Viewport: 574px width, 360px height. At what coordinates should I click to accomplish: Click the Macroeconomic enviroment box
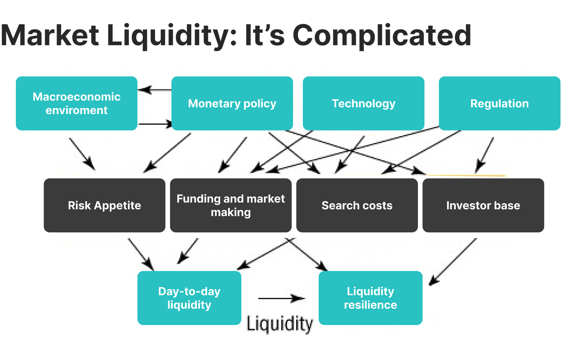[x=77, y=103]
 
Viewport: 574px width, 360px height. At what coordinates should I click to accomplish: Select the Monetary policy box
[x=232, y=103]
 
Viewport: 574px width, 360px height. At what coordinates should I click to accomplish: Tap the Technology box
[x=364, y=103]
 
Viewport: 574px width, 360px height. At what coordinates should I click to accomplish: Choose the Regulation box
[x=500, y=103]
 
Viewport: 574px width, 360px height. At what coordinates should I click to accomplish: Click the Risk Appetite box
[x=104, y=205]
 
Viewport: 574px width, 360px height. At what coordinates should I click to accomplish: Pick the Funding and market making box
[x=231, y=205]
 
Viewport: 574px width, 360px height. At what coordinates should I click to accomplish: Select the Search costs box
[x=357, y=205]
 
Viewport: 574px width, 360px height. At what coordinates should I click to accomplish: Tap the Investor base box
[x=483, y=205]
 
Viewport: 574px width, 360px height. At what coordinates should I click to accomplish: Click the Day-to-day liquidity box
[x=189, y=298]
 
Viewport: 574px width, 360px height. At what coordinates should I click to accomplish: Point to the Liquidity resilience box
[x=370, y=298]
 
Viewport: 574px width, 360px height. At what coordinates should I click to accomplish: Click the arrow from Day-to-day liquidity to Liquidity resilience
[x=281, y=298]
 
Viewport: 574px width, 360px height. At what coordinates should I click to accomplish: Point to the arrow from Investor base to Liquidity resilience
[x=453, y=262]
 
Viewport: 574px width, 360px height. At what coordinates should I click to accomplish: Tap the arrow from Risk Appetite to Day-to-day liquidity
[x=141, y=254]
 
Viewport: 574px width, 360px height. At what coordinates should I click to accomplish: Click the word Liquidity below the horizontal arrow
[x=280, y=324]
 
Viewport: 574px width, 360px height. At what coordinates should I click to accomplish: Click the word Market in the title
[x=50, y=36]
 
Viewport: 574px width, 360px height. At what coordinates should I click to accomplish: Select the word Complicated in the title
[x=382, y=36]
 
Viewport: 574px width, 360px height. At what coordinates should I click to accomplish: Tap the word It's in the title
[x=265, y=36]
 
